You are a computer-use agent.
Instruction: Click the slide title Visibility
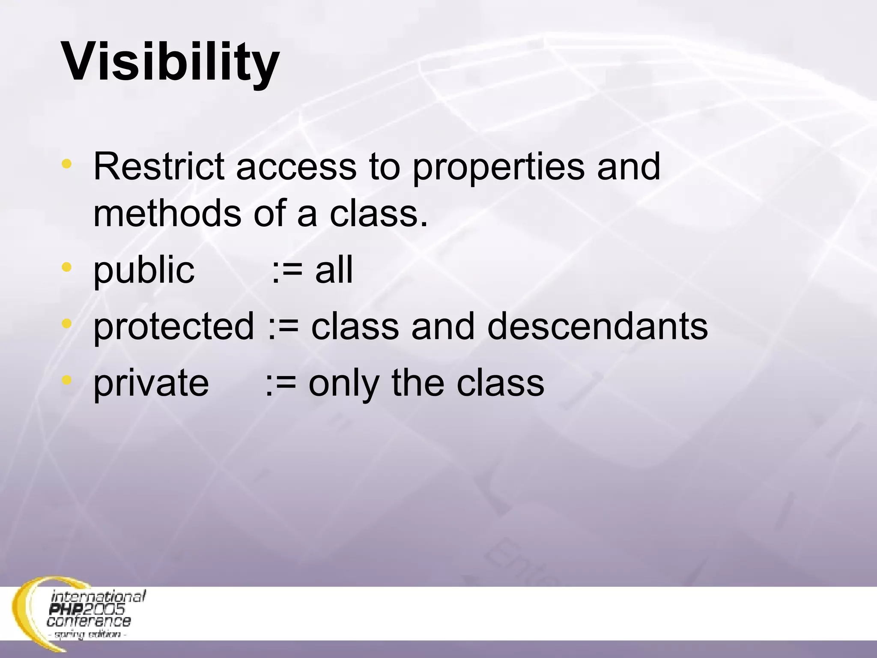[170, 62]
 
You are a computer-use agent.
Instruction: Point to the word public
[144, 271]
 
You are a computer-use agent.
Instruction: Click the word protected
[173, 327]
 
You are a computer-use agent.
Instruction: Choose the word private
[151, 383]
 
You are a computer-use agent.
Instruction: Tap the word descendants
[597, 326]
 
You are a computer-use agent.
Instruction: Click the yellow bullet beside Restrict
[66, 164]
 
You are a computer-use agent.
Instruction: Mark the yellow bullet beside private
[66, 380]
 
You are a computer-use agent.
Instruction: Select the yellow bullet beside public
[66, 268]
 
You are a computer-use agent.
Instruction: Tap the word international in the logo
[98, 596]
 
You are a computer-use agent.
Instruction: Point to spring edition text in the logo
[88, 634]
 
